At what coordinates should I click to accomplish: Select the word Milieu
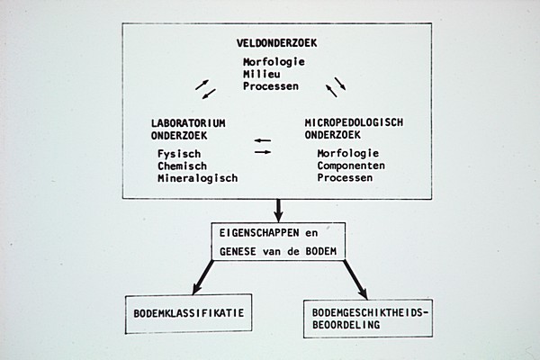coord(261,73)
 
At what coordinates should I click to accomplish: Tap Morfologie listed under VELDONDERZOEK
coord(274,61)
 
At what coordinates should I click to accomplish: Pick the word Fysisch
coord(177,153)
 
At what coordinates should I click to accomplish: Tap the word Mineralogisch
coord(197,178)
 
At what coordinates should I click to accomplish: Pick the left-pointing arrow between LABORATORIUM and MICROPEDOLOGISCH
coord(262,140)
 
